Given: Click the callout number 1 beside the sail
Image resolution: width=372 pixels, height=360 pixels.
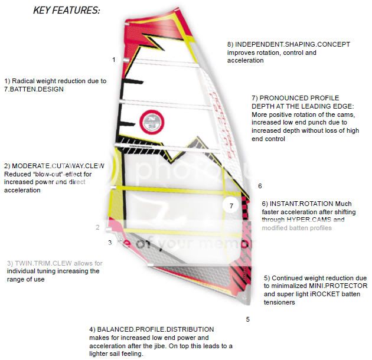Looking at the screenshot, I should point(113,60).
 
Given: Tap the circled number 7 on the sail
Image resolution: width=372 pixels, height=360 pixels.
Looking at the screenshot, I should point(231,206).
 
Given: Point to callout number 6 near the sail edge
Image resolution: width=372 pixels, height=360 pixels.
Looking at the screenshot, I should point(259,186).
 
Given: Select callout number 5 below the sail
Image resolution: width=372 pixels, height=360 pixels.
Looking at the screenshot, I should point(248,319).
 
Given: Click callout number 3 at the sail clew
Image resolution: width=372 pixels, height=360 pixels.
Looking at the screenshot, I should point(110,242).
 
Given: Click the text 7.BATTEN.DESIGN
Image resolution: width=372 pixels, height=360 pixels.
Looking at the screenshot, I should point(34,89).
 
